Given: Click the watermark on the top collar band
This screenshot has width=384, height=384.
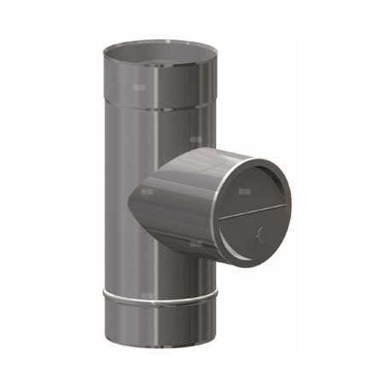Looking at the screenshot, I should coord(141,87).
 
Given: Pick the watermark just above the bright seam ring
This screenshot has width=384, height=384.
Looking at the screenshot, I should coord(148,294).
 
